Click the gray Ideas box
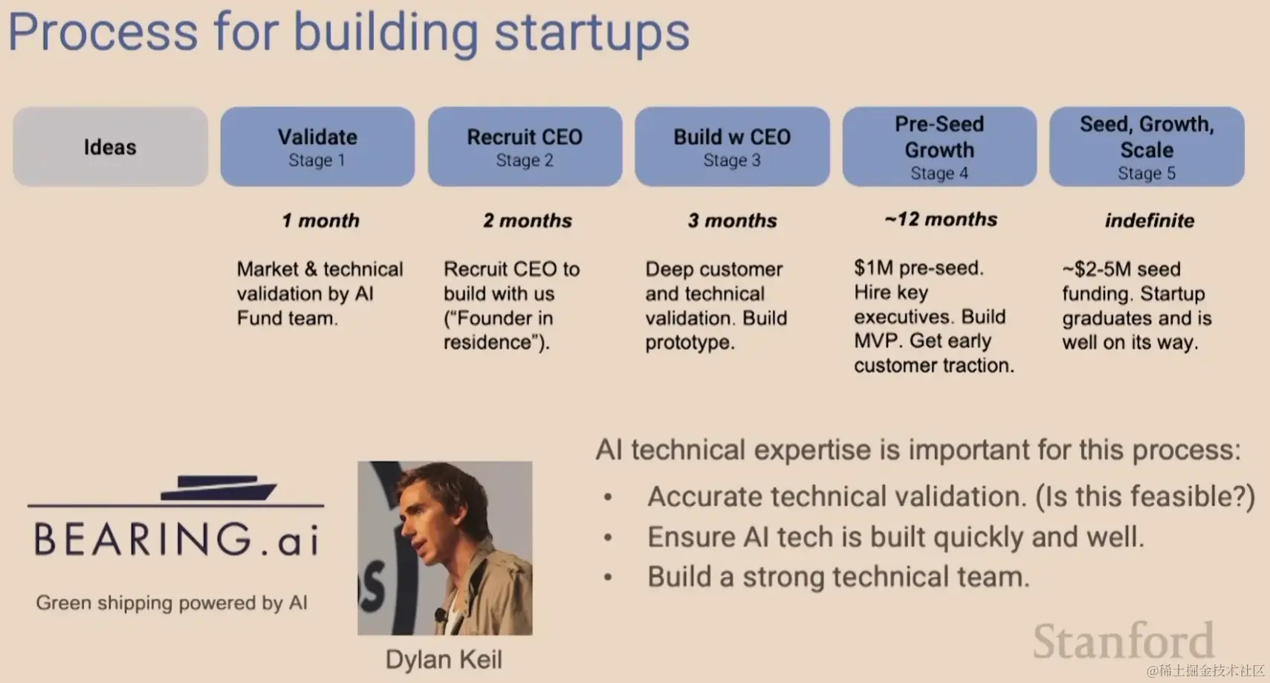(111, 147)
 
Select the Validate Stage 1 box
(317, 147)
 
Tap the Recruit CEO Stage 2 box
(525, 147)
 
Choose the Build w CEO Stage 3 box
(732, 147)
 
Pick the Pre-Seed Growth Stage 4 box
(939, 147)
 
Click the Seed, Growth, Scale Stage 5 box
(1147, 147)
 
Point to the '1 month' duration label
(321, 221)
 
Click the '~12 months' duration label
(941, 219)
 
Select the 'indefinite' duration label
(1150, 221)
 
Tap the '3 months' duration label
(733, 221)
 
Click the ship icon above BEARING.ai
(218, 488)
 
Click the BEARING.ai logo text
(177, 539)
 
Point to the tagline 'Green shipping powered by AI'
(172, 603)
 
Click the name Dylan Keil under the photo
(444, 660)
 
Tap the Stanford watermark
(1123, 641)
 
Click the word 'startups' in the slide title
(592, 33)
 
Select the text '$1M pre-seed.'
(919, 268)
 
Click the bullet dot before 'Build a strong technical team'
(609, 577)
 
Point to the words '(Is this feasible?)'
(1145, 497)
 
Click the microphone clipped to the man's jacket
(439, 613)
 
